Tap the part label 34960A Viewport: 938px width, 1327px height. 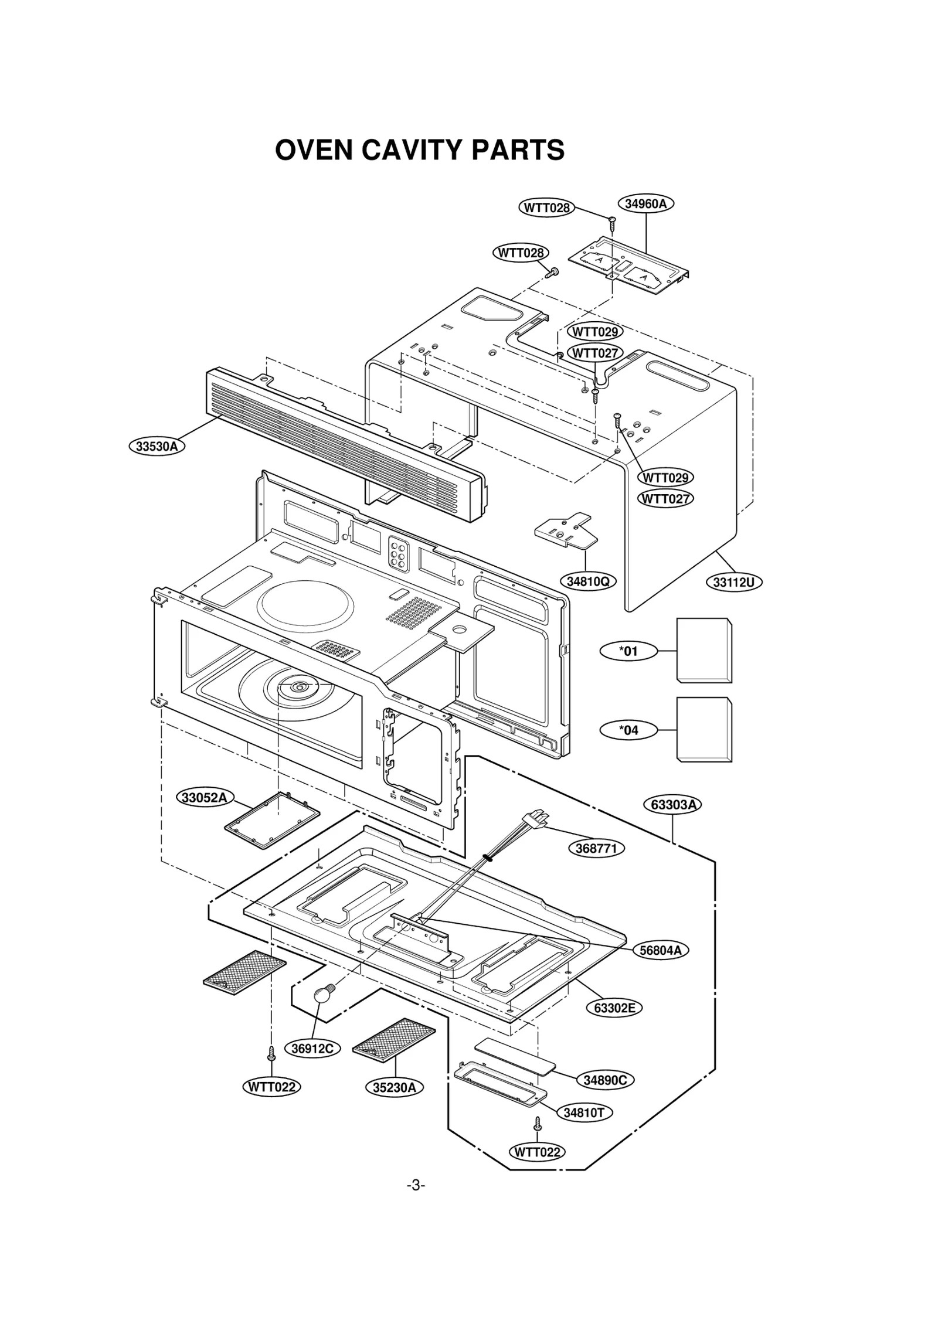(x=645, y=204)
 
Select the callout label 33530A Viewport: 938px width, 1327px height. (x=157, y=446)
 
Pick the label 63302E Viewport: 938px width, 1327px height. (x=614, y=1008)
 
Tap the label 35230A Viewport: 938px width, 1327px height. (x=394, y=1087)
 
